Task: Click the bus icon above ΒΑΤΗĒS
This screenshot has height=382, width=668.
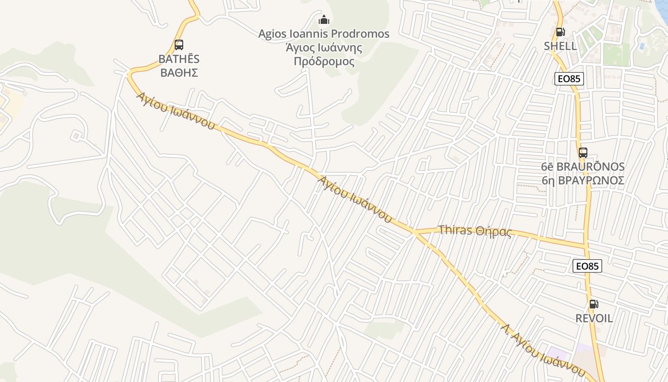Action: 179,45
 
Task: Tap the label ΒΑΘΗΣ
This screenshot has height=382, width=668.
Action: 179,73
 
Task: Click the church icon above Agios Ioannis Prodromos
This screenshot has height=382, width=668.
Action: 324,20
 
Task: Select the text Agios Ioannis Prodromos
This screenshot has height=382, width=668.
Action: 324,34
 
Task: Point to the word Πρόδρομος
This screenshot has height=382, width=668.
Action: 324,62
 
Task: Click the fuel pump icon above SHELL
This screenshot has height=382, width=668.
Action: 560,32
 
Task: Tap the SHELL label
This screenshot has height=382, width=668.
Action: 560,46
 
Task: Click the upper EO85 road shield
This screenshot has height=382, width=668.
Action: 569,79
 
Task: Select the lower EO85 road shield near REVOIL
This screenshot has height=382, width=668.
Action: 587,266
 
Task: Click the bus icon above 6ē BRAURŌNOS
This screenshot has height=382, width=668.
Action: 583,153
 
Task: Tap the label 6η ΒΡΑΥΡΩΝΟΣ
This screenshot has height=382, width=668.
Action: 583,180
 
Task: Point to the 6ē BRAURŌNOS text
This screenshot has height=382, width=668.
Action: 583,167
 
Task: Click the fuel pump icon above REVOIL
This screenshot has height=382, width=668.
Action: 594,304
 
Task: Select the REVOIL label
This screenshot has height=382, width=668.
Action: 594,318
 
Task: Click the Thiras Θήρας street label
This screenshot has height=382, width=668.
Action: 475,231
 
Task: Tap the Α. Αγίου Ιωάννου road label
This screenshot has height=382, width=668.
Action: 543,350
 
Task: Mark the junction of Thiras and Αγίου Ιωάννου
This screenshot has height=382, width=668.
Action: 414,233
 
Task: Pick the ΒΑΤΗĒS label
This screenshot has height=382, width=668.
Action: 179,59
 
